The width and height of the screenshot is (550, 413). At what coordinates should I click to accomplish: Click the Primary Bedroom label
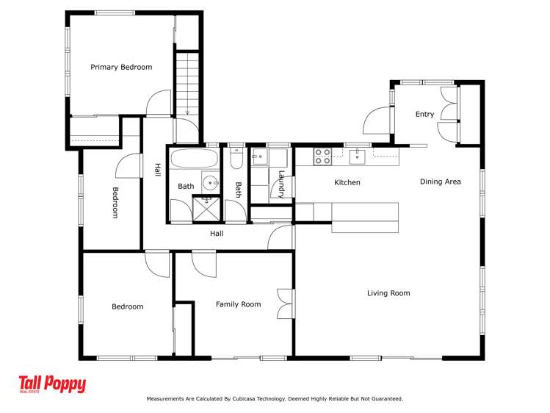pyautogui.click(x=121, y=67)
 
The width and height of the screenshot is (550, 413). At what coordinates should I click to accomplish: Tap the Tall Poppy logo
pyautogui.click(x=52, y=384)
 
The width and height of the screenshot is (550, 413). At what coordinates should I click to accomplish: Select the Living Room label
pyautogui.click(x=388, y=293)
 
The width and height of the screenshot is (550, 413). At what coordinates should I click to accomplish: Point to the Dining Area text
pyautogui.click(x=441, y=182)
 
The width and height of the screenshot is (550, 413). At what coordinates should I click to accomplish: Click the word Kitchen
pyautogui.click(x=347, y=182)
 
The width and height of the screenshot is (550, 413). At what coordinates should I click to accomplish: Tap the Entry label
pyautogui.click(x=424, y=115)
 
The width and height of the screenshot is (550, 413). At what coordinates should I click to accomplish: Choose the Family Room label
pyautogui.click(x=239, y=304)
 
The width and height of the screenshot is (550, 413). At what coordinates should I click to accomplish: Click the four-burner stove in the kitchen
pyautogui.click(x=322, y=157)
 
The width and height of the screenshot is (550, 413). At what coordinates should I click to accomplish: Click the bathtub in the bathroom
pyautogui.click(x=195, y=159)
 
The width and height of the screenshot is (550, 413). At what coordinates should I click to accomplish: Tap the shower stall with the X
pyautogui.click(x=206, y=209)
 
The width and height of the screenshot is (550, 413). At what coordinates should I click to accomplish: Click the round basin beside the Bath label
pyautogui.click(x=211, y=182)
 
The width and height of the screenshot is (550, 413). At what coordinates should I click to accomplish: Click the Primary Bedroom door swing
pyautogui.click(x=159, y=102)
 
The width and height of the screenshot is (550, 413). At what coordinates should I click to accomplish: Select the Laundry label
pyautogui.click(x=281, y=184)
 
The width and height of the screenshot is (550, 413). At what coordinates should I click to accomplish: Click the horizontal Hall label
pyautogui.click(x=217, y=234)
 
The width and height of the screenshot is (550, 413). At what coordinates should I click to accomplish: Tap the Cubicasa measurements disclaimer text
pyautogui.click(x=275, y=399)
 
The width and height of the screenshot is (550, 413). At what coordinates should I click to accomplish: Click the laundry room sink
pyautogui.click(x=260, y=157)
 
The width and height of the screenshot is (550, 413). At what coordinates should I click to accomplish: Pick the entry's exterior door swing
pyautogui.click(x=377, y=120)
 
